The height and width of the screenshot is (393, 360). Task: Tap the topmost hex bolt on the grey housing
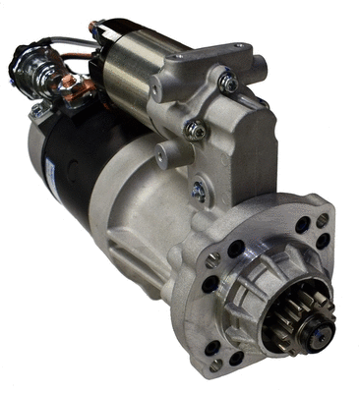(228, 84)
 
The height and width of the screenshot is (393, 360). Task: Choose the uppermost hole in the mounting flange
(323, 221)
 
